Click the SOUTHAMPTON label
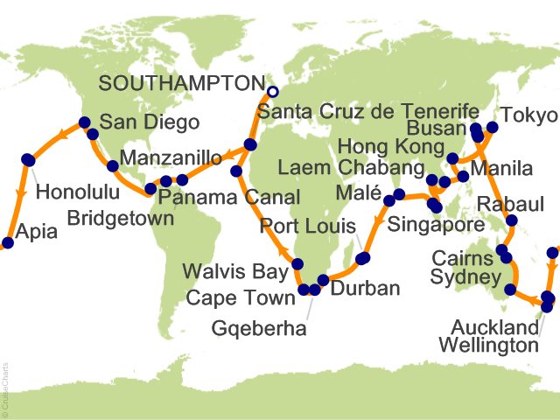(x=179, y=83)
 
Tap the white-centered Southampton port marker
(x=272, y=91)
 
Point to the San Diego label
(x=149, y=122)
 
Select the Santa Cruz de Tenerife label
(x=368, y=112)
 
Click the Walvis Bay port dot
(x=297, y=264)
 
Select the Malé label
(x=359, y=191)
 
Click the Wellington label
(x=488, y=346)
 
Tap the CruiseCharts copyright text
(x=6, y=386)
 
